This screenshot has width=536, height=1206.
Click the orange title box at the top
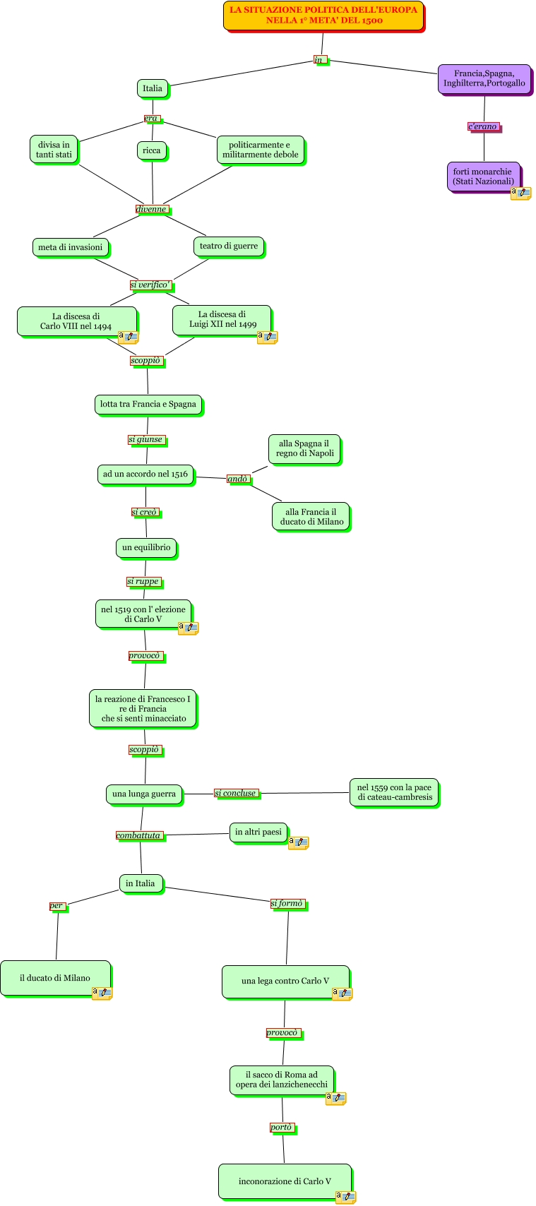tap(323, 16)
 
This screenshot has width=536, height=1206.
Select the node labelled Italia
tap(152, 88)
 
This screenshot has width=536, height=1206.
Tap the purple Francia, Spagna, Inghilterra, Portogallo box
tap(484, 78)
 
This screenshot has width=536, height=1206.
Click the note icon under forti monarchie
tap(520, 193)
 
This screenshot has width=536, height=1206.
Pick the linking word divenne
tap(151, 209)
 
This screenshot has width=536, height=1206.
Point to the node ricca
tap(151, 150)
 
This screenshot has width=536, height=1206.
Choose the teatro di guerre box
tap(228, 246)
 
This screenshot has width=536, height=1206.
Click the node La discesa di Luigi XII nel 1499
tap(222, 319)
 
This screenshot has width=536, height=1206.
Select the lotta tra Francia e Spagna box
tap(148, 405)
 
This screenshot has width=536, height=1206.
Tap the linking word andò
tap(237, 479)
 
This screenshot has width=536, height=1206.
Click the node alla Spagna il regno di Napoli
tap(304, 449)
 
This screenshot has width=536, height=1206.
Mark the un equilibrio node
tap(145, 547)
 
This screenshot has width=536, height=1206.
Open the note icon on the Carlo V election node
tap(187, 627)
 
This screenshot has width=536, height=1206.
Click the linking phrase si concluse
tap(235, 793)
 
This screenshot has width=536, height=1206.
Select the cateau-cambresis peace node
tap(393, 792)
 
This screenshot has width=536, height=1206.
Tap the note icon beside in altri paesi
tap(298, 842)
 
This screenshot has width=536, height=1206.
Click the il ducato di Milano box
tap(55, 978)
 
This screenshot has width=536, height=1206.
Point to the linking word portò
tap(281, 1128)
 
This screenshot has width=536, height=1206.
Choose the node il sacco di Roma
tap(281, 1080)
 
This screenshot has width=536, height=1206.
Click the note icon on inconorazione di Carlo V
tap(345, 1196)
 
